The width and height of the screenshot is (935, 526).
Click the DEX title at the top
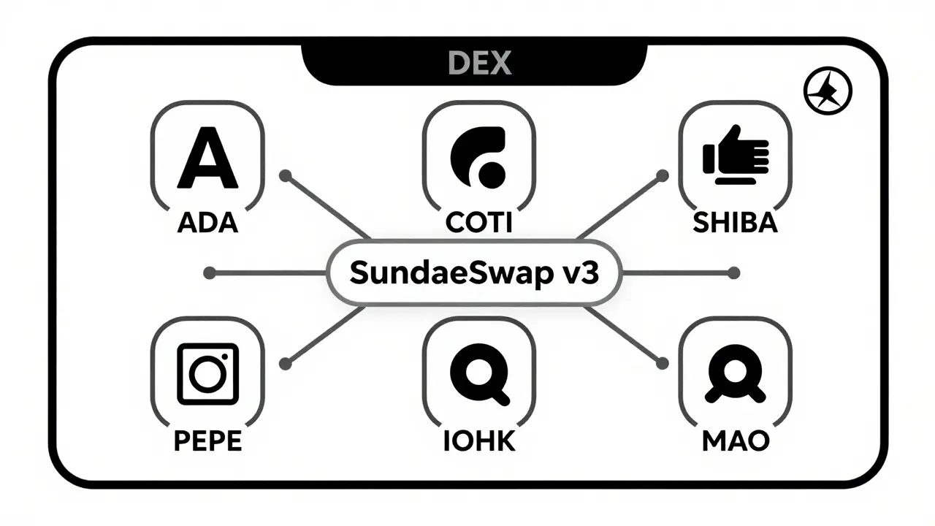coord(479,64)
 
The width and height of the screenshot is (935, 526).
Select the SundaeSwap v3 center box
coord(475,272)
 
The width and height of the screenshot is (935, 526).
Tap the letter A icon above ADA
coord(207,156)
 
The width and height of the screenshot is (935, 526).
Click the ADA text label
coord(207,223)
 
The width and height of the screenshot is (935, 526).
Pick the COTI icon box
coord(479,156)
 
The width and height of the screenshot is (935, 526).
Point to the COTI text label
coord(478,223)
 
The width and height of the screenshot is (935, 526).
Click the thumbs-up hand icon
coord(735,156)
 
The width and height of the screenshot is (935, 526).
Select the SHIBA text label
coord(735,223)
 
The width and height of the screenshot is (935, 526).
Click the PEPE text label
coord(207,441)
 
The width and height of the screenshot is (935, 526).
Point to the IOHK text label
coord(478,441)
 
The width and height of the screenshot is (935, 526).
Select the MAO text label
coord(735,441)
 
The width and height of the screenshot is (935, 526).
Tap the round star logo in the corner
coord(828,93)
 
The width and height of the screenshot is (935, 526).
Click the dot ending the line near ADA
coord(286,175)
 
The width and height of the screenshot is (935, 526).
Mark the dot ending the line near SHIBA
coord(663,175)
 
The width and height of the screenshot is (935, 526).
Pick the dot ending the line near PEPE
coord(286,363)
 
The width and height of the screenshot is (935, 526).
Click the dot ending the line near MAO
coord(663,363)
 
